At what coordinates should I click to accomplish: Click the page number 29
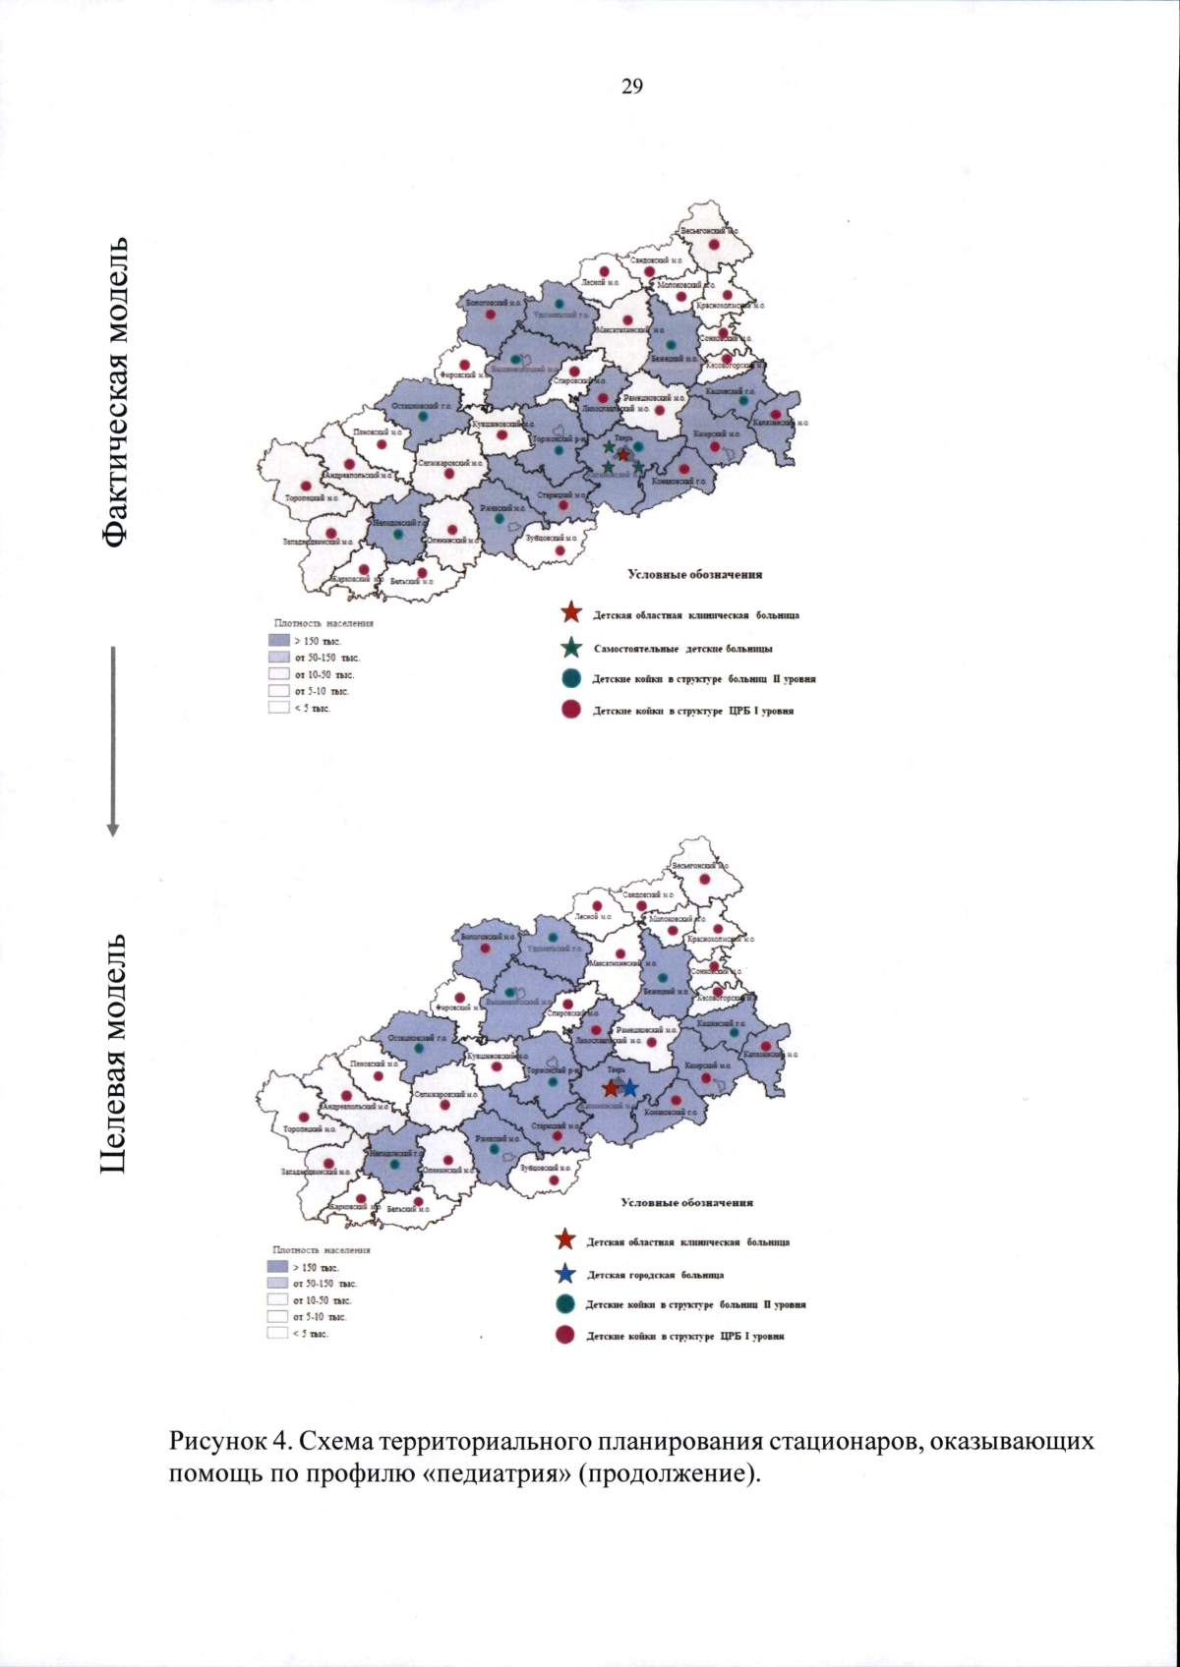coord(632,87)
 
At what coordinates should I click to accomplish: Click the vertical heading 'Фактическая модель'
coord(116,391)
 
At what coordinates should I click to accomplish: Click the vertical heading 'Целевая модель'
coord(116,1053)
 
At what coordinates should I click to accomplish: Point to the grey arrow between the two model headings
coord(113,741)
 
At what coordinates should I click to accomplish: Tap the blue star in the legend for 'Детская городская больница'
coord(565,1274)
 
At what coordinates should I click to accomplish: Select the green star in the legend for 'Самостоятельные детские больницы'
coord(571,648)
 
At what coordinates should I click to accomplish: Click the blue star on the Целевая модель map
coord(629,1088)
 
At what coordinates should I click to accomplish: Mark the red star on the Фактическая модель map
coord(623,454)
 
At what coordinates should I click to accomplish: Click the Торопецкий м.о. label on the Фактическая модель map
coord(312,498)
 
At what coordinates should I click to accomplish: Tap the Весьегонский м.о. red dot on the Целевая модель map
coord(703,881)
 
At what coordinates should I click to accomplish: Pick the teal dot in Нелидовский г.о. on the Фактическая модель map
coord(397,535)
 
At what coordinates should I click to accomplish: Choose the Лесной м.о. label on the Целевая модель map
coord(593,916)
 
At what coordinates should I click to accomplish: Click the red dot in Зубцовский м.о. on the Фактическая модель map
coord(560,550)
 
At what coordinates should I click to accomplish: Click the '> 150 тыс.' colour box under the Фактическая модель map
coord(278,641)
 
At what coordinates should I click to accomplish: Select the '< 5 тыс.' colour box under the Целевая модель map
coord(277,1333)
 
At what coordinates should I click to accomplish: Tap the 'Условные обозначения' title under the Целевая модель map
coord(686,1202)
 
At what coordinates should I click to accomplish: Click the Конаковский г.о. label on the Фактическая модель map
coord(678,482)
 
